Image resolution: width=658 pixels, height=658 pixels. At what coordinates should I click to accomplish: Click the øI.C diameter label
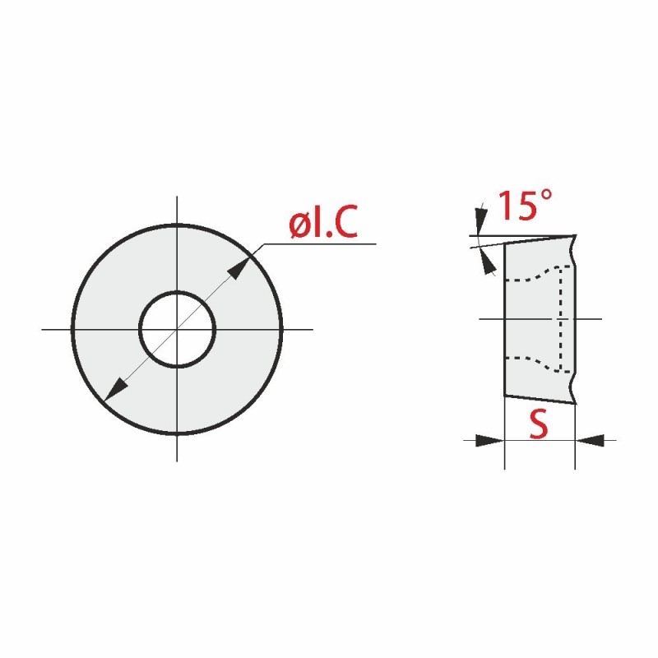323,221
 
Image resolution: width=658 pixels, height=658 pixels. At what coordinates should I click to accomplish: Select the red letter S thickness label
539,424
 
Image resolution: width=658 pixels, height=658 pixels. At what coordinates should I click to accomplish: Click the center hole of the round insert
178,330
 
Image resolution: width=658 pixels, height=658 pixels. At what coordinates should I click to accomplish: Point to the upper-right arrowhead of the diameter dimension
239,267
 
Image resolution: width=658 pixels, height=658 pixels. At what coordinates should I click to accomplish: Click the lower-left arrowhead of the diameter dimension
115,390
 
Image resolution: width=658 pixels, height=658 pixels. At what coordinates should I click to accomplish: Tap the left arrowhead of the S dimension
489,441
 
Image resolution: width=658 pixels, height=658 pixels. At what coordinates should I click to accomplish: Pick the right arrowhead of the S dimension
590,441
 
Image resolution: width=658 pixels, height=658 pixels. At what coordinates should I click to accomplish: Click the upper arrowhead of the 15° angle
481,220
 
